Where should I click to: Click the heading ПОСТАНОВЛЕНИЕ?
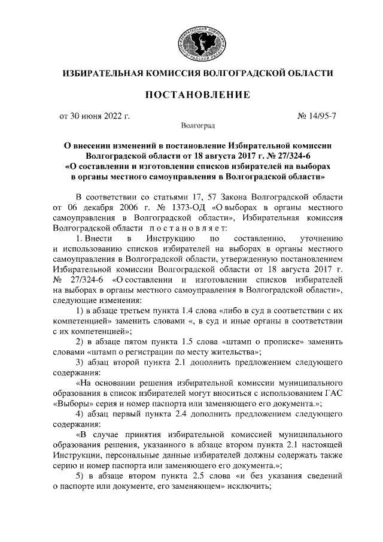(198, 95)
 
